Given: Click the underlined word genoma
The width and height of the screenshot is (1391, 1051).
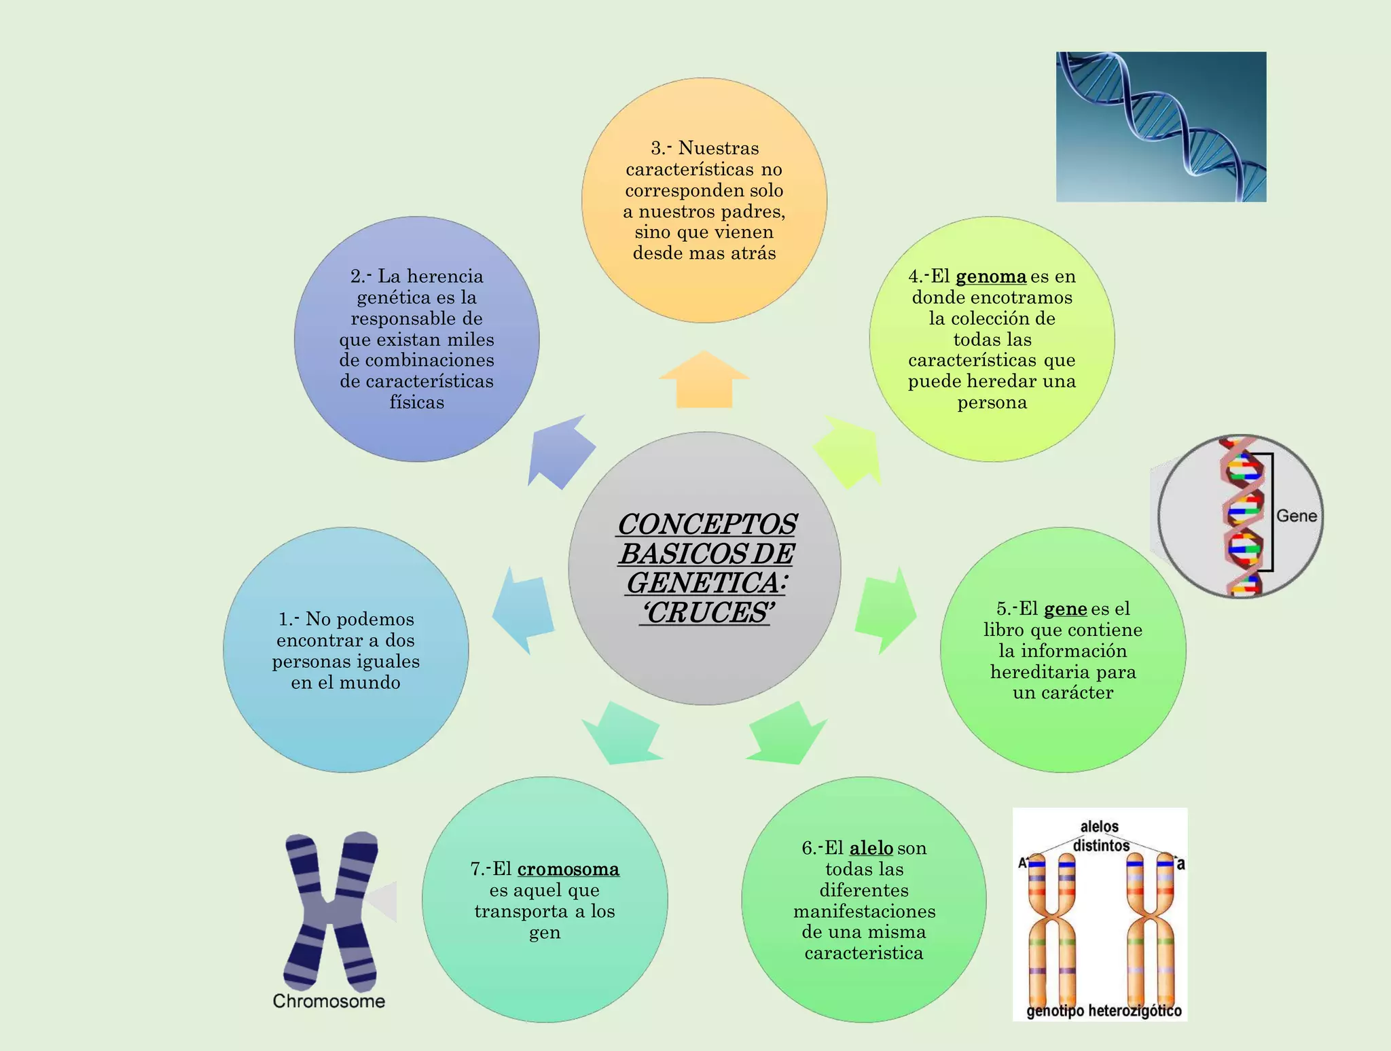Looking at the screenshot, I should [x=990, y=277].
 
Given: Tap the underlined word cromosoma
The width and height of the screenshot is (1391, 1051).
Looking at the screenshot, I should [x=568, y=869].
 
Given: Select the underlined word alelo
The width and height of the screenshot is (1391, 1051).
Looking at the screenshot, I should [x=871, y=848].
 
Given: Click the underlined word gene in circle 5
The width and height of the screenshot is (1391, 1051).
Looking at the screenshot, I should [x=1065, y=609].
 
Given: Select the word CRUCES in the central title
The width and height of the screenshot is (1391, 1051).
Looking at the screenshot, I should [x=706, y=613].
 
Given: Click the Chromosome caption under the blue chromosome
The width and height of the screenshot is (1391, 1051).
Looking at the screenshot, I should [x=329, y=1001].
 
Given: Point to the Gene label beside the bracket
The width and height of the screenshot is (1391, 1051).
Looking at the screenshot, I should [x=1296, y=516].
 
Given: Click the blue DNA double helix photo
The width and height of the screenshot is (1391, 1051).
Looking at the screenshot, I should [x=1161, y=127].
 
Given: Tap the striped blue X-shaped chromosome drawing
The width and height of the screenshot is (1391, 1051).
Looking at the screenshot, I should [x=331, y=910].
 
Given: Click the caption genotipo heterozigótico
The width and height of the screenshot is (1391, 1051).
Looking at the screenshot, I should [x=1104, y=1011].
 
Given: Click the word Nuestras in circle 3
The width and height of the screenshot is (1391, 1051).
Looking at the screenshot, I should [x=719, y=148].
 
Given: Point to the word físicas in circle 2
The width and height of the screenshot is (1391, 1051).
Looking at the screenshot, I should [x=416, y=402].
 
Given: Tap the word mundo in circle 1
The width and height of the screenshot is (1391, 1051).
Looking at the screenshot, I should [x=370, y=682].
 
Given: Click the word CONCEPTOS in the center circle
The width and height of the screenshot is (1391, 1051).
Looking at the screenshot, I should [x=706, y=524].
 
